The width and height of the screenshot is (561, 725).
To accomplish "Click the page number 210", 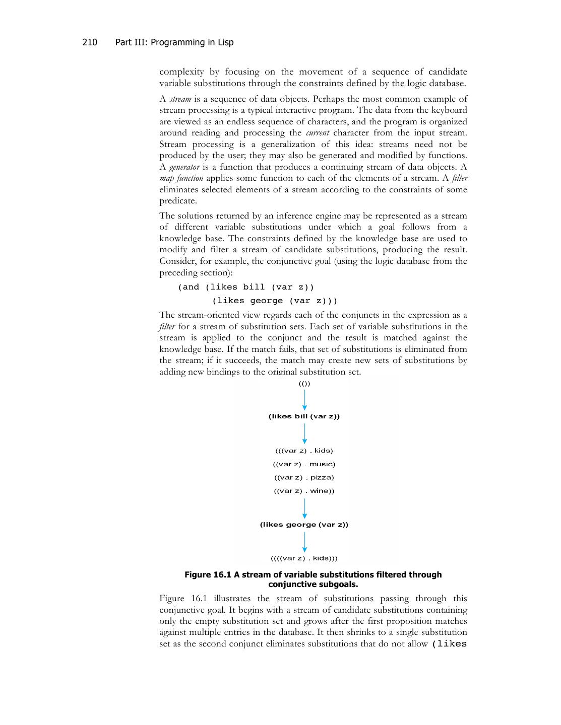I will (x=90, y=42).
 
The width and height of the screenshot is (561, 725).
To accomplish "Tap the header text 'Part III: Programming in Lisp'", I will (x=174, y=42).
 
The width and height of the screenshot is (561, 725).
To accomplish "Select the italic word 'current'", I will (x=318, y=133).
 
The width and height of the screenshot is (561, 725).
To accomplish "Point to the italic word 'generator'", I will (x=184, y=167).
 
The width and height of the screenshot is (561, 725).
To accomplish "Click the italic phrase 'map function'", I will (x=181, y=178).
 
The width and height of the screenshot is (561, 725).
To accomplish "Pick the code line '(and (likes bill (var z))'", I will (x=246, y=287).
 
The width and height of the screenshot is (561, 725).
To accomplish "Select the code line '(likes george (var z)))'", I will (x=275, y=301).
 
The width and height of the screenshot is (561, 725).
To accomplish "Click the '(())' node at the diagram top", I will (x=304, y=384).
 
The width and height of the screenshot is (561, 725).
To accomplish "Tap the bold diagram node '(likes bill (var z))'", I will (x=304, y=416).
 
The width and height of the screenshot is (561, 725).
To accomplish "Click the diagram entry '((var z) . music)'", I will (x=304, y=464).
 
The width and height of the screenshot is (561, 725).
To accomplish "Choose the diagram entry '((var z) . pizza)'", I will (x=304, y=478).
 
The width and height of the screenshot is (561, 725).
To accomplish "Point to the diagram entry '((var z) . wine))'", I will (x=304, y=491).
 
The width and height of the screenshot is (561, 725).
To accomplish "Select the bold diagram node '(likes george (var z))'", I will (x=304, y=525).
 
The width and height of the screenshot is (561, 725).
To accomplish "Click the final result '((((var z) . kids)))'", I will (x=304, y=558).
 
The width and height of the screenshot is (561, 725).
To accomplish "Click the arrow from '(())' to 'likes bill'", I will (x=304, y=400).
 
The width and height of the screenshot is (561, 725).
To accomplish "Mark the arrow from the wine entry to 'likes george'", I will (x=304, y=508).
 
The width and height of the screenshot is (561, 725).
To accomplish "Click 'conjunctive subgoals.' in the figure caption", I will (x=313, y=585).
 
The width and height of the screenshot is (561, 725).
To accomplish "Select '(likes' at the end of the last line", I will (x=450, y=644).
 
